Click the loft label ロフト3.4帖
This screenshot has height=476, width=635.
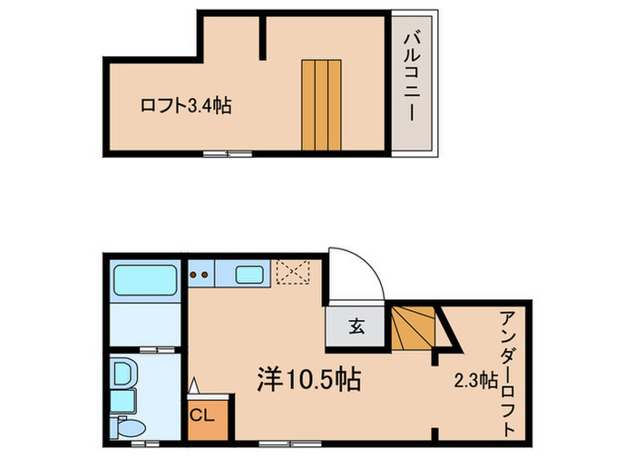click(185, 106)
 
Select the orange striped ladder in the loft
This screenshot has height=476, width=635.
click(322, 105)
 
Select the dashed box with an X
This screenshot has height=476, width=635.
click(293, 272)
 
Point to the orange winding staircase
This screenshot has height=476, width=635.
click(415, 325)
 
